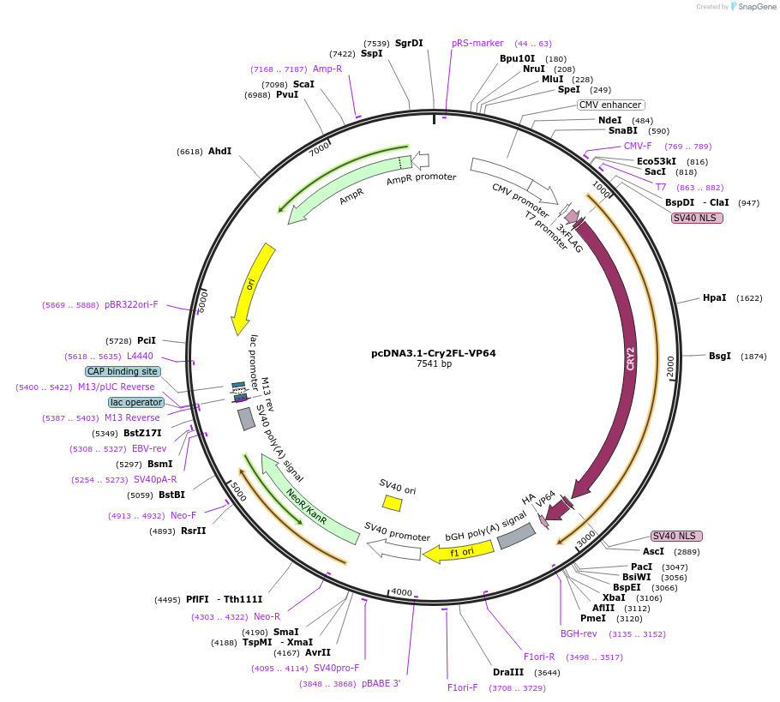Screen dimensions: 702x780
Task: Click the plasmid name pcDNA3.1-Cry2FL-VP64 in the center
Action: click(433, 353)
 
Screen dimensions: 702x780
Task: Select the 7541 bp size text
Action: click(433, 364)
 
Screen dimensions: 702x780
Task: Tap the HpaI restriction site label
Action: click(714, 298)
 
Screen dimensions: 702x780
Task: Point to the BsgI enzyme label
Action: click(719, 357)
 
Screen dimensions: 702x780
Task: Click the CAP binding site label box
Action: click(122, 372)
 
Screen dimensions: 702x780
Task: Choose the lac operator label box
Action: click(135, 403)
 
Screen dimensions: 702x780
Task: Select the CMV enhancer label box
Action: click(610, 105)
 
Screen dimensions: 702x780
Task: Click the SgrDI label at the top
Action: click(409, 44)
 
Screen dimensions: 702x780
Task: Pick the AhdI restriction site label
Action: click(219, 152)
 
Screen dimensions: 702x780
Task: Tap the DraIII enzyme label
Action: click(507, 673)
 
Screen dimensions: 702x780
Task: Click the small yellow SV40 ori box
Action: click(392, 503)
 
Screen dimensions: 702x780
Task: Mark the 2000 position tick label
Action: click(670, 366)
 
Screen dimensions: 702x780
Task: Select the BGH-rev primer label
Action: click(579, 634)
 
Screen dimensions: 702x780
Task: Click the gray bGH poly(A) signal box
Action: click(516, 536)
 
